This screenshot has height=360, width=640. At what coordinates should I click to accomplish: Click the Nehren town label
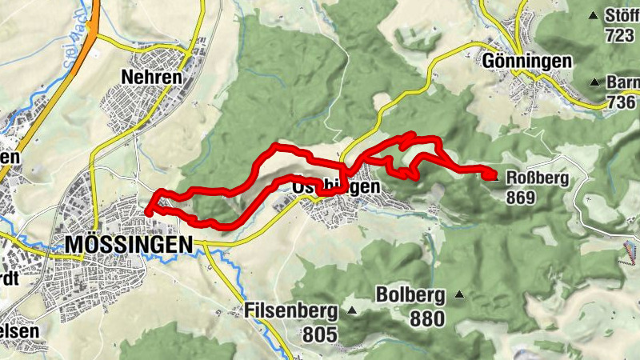(x=151, y=76)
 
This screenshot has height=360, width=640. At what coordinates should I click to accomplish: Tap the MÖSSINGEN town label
(x=129, y=242)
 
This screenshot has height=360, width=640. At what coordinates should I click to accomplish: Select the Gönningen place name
(x=527, y=61)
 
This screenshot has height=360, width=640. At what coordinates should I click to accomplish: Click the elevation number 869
(x=520, y=197)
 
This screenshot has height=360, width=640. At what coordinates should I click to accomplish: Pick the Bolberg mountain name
(x=416, y=296)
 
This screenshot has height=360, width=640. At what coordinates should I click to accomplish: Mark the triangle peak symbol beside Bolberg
(x=459, y=295)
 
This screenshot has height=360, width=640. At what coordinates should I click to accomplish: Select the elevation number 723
(x=619, y=35)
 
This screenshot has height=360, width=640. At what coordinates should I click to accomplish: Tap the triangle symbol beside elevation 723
(x=593, y=15)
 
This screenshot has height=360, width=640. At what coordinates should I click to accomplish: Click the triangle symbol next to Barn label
(x=594, y=82)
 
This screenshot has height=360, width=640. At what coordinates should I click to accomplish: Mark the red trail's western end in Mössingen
(x=147, y=211)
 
